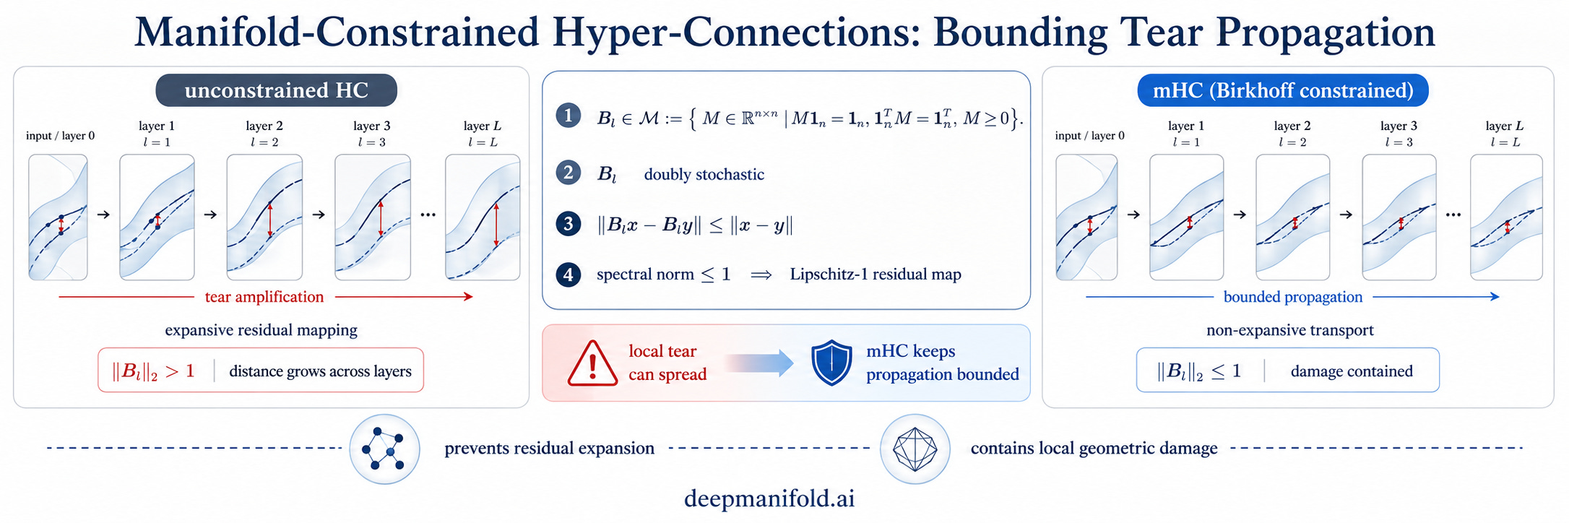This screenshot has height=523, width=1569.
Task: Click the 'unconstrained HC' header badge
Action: pyautogui.click(x=276, y=90)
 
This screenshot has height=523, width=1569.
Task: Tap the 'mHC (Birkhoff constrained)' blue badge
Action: pyautogui.click(x=1283, y=90)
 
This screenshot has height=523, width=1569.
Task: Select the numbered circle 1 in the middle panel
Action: pyautogui.click(x=569, y=116)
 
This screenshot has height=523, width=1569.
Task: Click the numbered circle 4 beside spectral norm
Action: pyautogui.click(x=569, y=275)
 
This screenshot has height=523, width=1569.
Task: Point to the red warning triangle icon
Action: pyautogui.click(x=592, y=363)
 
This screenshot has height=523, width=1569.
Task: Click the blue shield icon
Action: pyautogui.click(x=831, y=363)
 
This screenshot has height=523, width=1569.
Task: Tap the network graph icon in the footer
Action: pyautogui.click(x=384, y=449)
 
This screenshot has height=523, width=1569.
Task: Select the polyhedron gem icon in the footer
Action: pyautogui.click(x=915, y=449)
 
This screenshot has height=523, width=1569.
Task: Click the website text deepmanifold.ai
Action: pyautogui.click(x=769, y=498)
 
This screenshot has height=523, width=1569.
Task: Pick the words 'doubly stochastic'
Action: pyautogui.click(x=704, y=174)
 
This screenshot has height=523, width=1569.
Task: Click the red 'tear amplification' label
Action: pyautogui.click(x=264, y=297)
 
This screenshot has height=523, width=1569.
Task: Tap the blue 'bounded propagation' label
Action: pyautogui.click(x=1293, y=297)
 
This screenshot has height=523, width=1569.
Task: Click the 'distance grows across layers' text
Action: pyautogui.click(x=320, y=371)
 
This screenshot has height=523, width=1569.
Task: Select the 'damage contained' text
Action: pyautogui.click(x=1352, y=371)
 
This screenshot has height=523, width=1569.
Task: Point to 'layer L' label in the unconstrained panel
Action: pyautogui.click(x=482, y=126)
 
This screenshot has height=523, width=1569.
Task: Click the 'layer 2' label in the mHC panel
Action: pyautogui.click(x=1292, y=126)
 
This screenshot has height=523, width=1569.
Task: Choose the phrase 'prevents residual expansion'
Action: pyautogui.click(x=550, y=449)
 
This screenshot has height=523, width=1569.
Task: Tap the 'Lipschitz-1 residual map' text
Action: pyautogui.click(x=876, y=275)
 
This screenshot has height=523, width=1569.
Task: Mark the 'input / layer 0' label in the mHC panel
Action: pyautogui.click(x=1089, y=136)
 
